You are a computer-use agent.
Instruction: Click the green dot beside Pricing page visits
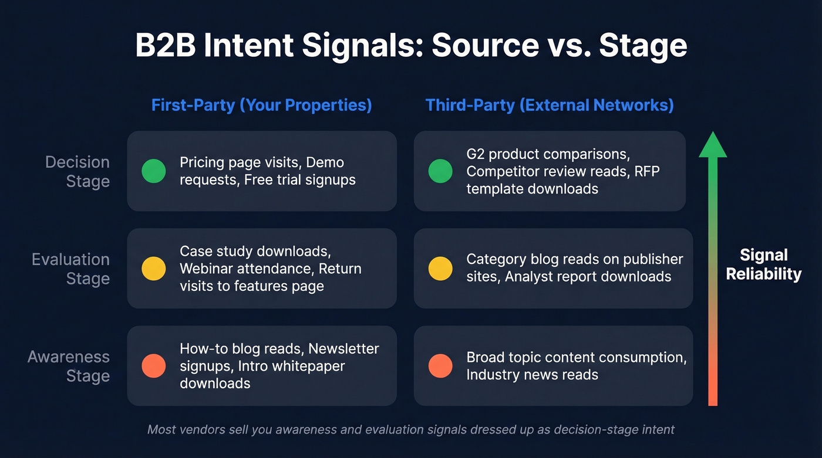pos(154,171)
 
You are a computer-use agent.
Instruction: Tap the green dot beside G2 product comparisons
pos(440,171)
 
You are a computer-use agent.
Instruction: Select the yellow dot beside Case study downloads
pos(154,268)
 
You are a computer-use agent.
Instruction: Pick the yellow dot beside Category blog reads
pos(440,268)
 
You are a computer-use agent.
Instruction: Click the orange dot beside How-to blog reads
pos(154,366)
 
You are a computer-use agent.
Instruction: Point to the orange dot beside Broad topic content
pos(440,366)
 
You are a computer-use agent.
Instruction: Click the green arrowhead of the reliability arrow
pos(713,145)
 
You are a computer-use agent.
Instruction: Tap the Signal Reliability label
pos(763,264)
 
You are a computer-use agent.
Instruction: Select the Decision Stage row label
pos(78,171)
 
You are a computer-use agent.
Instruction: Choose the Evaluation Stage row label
pos(70,269)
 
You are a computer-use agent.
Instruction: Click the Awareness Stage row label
pos(69,366)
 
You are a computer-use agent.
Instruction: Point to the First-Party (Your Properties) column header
pos(261,105)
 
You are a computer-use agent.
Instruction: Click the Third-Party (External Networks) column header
pos(550,105)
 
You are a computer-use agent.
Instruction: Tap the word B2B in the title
pos(164,46)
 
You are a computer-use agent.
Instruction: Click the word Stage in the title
pos(642,46)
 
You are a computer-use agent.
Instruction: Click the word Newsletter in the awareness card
pos(343,349)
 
